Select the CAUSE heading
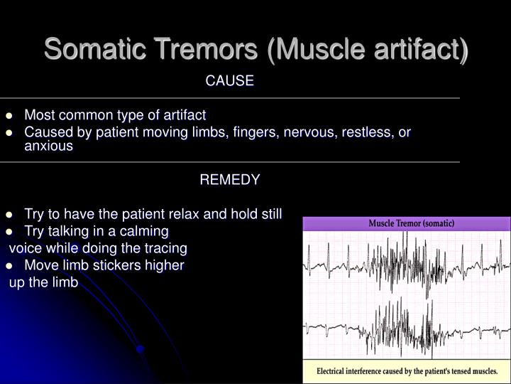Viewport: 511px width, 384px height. coord(229,81)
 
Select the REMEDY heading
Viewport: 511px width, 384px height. coord(229,180)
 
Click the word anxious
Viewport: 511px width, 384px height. coord(48,146)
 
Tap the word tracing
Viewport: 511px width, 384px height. coord(165,248)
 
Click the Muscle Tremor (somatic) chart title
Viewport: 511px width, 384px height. coord(411,223)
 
